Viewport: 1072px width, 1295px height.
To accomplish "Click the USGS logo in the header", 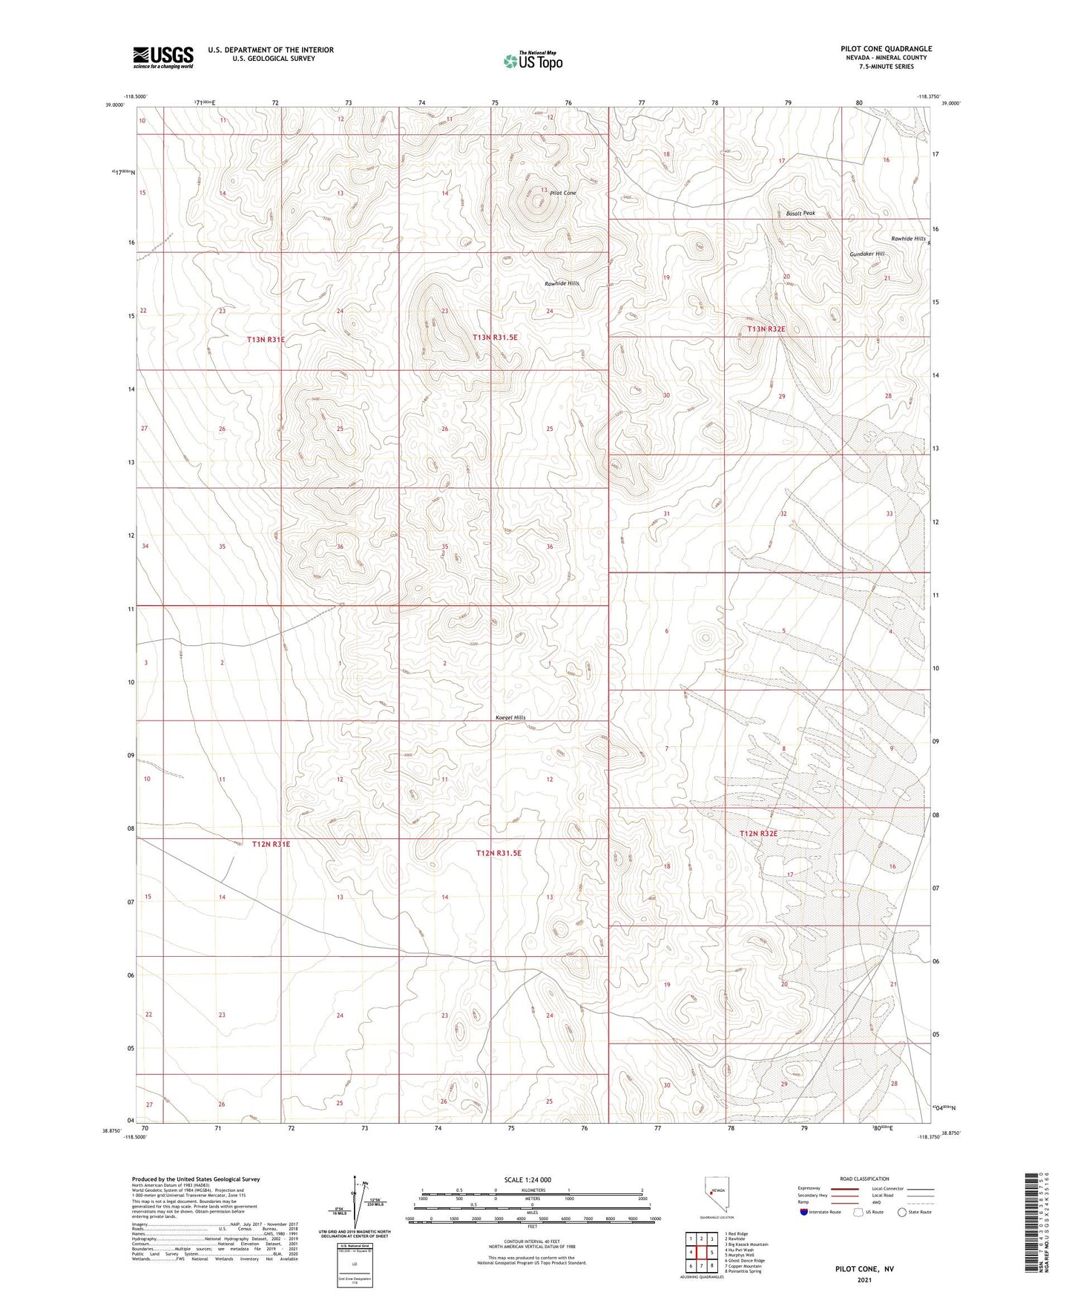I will point(163,57).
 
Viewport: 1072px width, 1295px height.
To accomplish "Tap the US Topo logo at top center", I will point(533,60).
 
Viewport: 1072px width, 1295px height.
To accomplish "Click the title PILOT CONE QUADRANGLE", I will point(886,49).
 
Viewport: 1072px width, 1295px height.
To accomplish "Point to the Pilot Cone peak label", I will point(563,193).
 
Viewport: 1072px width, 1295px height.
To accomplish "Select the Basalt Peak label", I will point(800,214).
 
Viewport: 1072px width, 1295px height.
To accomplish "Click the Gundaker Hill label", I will point(867,254).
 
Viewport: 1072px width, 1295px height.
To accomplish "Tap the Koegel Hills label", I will point(510,717).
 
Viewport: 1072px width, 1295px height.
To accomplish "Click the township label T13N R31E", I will point(266,339).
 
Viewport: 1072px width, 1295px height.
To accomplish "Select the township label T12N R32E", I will point(759,834).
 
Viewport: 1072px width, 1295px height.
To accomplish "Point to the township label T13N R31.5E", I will point(496,337).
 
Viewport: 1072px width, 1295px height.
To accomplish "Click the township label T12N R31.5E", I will point(499,854).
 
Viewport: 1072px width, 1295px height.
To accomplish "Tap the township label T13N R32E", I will point(766,329).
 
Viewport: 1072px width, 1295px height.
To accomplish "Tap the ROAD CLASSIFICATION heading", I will point(864,1179).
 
